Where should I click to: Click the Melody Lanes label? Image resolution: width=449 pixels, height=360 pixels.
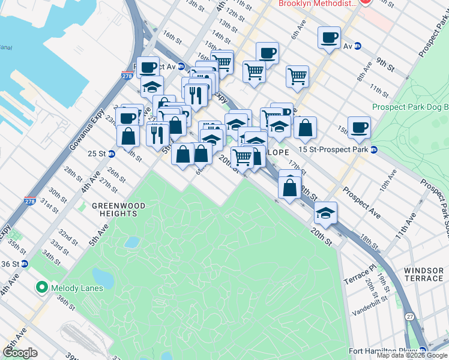coord(76,288)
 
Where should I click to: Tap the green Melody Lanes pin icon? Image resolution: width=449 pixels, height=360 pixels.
coord(41,287)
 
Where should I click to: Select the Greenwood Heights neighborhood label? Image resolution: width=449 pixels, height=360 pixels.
coord(118,209)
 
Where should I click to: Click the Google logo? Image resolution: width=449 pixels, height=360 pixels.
coord(20,353)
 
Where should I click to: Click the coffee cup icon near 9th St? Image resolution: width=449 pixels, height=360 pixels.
coord(328,38)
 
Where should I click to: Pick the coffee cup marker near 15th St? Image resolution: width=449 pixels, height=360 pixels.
coord(359,127)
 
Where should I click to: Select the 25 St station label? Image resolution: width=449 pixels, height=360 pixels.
coord(97,154)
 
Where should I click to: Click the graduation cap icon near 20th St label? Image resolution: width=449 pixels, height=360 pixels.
coord(325,214)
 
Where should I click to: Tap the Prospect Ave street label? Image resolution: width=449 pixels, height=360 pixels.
coord(361,205)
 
